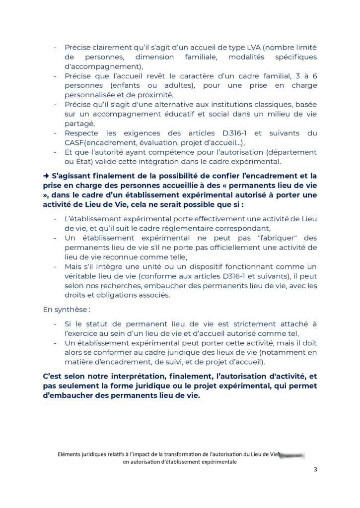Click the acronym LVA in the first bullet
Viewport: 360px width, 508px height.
(x=251, y=47)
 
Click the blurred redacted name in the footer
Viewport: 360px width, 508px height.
(x=292, y=454)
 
